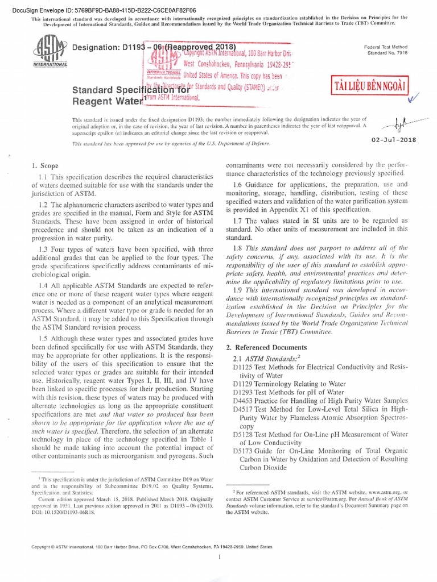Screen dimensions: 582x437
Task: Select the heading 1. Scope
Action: (x=45, y=166)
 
